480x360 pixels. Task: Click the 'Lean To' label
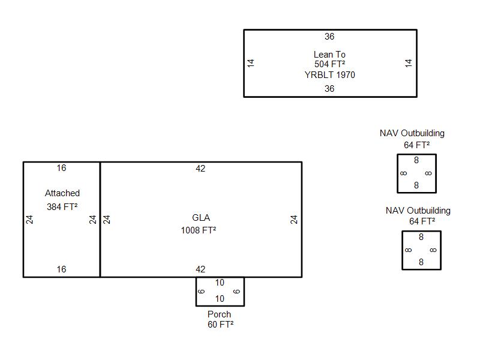tap(329, 55)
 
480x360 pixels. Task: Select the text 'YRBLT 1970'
tap(329, 75)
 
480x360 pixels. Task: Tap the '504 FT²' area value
tap(329, 64)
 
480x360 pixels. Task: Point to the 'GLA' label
tap(201, 217)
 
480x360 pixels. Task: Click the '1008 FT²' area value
tap(199, 230)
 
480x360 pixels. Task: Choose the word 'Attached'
tap(62, 193)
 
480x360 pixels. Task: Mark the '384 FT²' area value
tap(63, 206)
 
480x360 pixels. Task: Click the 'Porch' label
tap(219, 314)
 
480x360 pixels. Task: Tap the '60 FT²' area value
tap(220, 325)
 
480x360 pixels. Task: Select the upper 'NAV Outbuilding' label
tap(412, 133)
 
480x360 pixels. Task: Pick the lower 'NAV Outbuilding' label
tap(418, 211)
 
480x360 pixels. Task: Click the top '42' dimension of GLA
tap(200, 169)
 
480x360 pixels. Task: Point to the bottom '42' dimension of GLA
tap(200, 269)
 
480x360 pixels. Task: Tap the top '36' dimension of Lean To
tap(329, 37)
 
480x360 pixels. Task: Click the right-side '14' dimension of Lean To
tap(409, 62)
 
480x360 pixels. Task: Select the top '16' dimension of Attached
tap(61, 168)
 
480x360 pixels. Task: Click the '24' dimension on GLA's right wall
tap(294, 220)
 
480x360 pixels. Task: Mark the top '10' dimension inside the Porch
tap(220, 283)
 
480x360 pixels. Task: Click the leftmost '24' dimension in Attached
tap(29, 220)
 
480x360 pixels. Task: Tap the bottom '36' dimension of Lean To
tap(329, 89)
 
